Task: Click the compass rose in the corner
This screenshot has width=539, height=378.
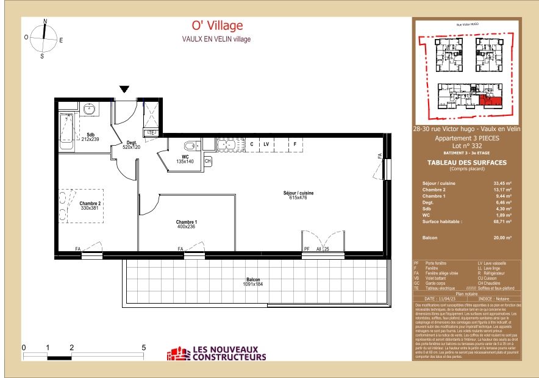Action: pyautogui.click(x=44, y=36)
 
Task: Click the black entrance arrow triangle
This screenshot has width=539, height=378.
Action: pyautogui.click(x=124, y=89)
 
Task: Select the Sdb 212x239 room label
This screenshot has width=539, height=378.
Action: pyautogui.click(x=90, y=137)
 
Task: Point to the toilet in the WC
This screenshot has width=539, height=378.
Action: pyautogui.click(x=191, y=146)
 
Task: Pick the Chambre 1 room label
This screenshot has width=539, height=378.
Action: pyautogui.click(x=187, y=224)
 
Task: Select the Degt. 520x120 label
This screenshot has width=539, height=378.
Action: pyautogui.click(x=131, y=144)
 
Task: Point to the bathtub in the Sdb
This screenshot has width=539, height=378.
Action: pyautogui.click(x=65, y=127)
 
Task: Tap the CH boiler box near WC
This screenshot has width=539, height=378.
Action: pyautogui.click(x=207, y=161)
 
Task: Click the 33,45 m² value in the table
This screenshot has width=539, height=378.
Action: pyautogui.click(x=502, y=183)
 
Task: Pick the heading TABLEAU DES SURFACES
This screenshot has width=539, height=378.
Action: pyautogui.click(x=468, y=162)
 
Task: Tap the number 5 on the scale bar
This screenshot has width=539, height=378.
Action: pyautogui.click(x=144, y=348)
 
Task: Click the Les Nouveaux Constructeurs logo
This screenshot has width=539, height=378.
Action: pyautogui.click(x=218, y=354)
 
